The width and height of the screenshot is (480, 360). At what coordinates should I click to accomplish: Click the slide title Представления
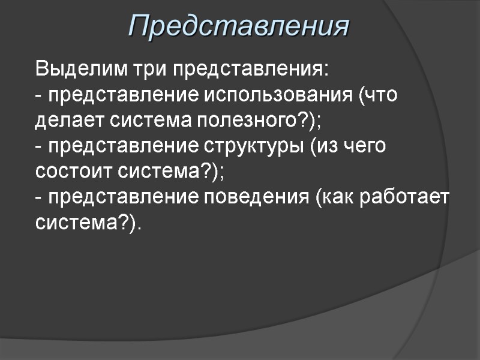point(239,26)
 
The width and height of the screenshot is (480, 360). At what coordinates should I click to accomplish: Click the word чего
point(365,146)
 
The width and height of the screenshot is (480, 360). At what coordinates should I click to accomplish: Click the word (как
point(334,197)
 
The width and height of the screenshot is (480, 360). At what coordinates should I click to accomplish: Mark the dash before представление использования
point(39,96)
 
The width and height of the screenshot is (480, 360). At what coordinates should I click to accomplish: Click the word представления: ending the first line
point(251,69)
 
